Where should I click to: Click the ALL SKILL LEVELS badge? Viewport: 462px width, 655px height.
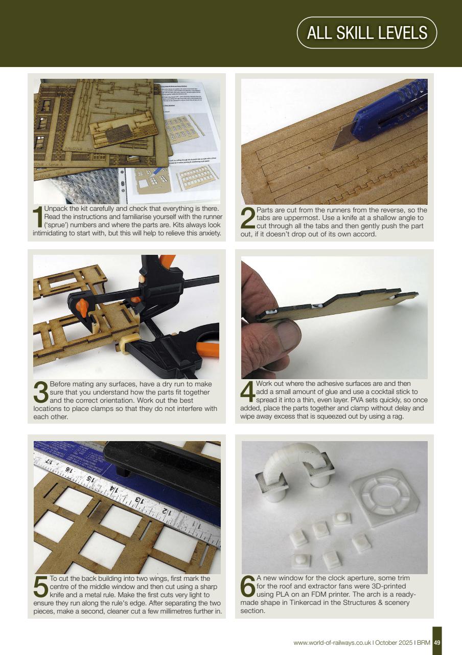pyautogui.click(x=366, y=33)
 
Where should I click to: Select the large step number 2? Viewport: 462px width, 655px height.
pyautogui.click(x=247, y=219)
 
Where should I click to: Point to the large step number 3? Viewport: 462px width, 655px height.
pyautogui.click(x=40, y=392)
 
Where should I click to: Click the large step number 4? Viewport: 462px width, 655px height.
pyautogui.click(x=247, y=392)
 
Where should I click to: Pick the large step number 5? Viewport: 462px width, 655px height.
pyautogui.click(x=40, y=587)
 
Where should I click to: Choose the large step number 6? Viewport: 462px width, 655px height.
pyautogui.click(x=247, y=587)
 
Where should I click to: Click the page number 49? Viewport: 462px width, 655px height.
pyautogui.click(x=437, y=643)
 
